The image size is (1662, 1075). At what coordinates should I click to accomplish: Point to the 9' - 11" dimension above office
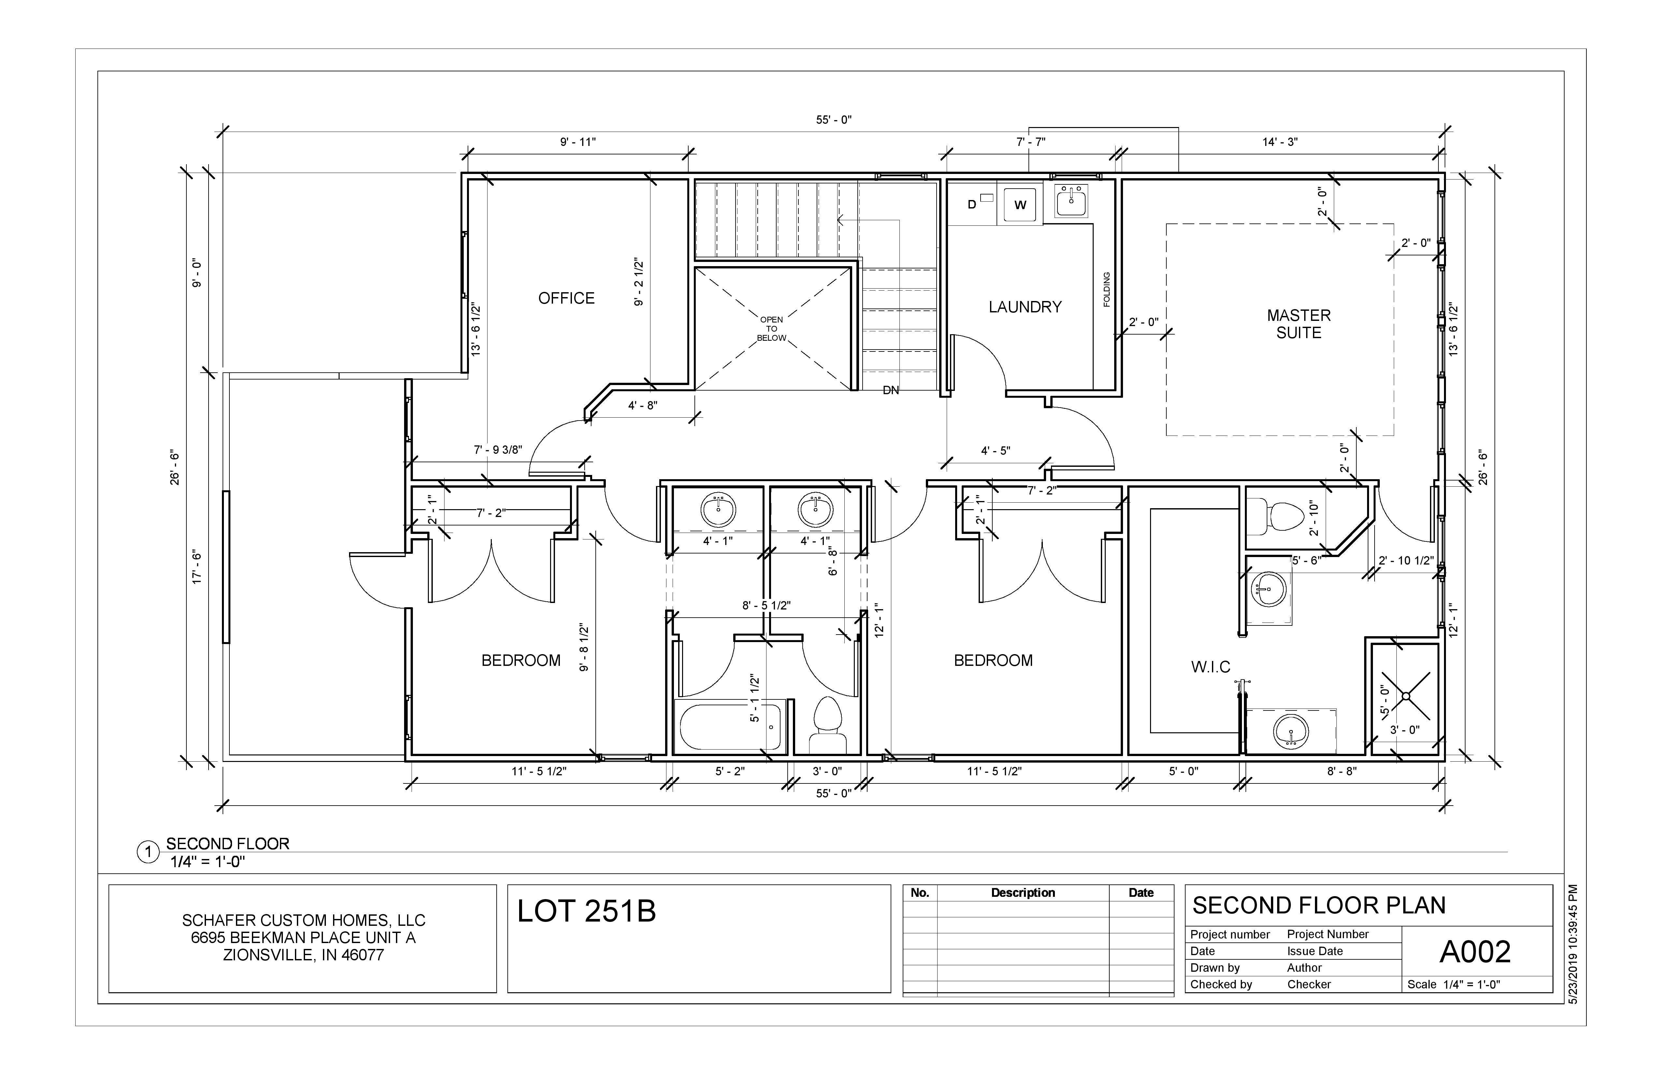[x=577, y=142]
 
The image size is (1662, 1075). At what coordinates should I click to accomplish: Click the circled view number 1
[x=147, y=852]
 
